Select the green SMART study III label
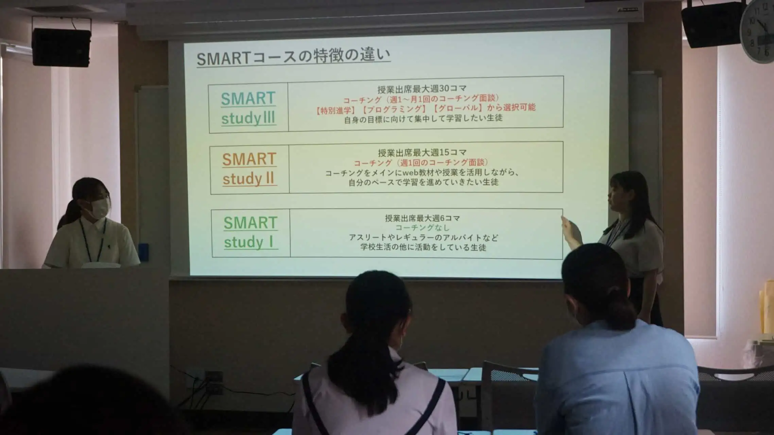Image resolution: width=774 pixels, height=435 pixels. pyautogui.click(x=248, y=108)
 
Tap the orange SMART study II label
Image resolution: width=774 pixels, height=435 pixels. pyautogui.click(x=249, y=169)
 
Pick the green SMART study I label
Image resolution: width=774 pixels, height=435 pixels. pyautogui.click(x=251, y=232)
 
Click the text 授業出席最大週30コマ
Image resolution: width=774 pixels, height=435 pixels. pyautogui.click(x=422, y=89)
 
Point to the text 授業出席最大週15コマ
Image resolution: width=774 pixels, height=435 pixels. pyautogui.click(x=422, y=153)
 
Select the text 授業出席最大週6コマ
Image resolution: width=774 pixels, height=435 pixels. pyautogui.click(x=422, y=218)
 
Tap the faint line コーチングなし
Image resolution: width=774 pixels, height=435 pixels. pyautogui.click(x=422, y=228)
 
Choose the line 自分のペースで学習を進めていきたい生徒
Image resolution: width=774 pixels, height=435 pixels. pyautogui.click(x=423, y=182)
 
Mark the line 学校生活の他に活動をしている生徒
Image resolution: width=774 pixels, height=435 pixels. pyautogui.click(x=423, y=247)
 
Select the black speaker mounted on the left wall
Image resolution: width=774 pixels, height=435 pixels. pyautogui.click(x=62, y=47)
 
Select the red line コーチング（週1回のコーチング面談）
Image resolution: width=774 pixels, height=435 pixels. pyautogui.click(x=421, y=163)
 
